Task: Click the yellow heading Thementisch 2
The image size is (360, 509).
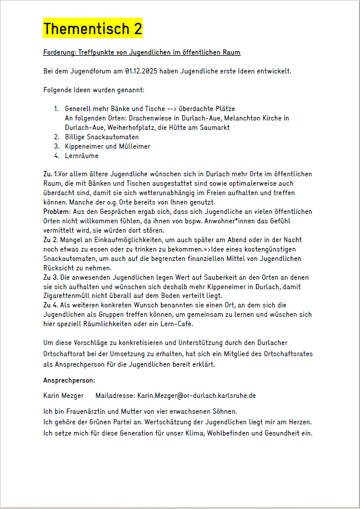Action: pos(93,29)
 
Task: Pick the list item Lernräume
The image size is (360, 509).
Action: pos(82,156)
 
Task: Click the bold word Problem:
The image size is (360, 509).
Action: pos(57,211)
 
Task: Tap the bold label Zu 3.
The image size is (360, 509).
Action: pos(52,276)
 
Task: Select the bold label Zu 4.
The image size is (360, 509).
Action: pos(52,304)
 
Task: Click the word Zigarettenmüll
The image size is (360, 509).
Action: pos(69,295)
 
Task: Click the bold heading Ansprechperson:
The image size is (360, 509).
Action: pos(69,380)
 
